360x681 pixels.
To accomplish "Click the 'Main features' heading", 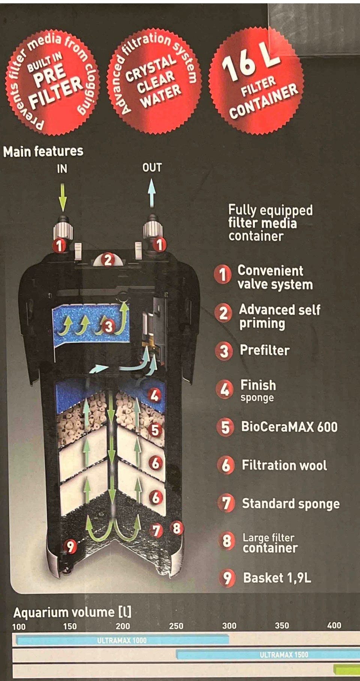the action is coord(43,151).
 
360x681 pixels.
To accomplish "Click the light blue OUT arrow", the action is coord(151,192).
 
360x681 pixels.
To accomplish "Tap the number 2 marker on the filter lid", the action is coord(108,259).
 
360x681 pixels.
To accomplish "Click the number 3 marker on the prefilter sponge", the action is coord(108,326).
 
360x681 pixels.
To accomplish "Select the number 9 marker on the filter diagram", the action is coord(70,546).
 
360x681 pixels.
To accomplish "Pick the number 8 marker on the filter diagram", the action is coord(177,528).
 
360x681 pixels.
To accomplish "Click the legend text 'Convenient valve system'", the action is coord(275,277).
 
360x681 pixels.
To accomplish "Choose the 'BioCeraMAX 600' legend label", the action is coord(289,427).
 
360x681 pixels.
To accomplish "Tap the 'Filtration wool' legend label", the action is coord(284,465).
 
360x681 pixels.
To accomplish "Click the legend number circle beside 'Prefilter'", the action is coord(224,351).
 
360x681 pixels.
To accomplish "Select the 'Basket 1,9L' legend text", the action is coord(277,578).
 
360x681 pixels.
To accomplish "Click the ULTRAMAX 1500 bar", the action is coord(268,655).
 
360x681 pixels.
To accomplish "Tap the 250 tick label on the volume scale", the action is coord(176,625).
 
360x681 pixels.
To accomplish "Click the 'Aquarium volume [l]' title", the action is coord(72,612).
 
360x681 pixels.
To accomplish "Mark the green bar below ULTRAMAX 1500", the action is coord(346,669).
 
